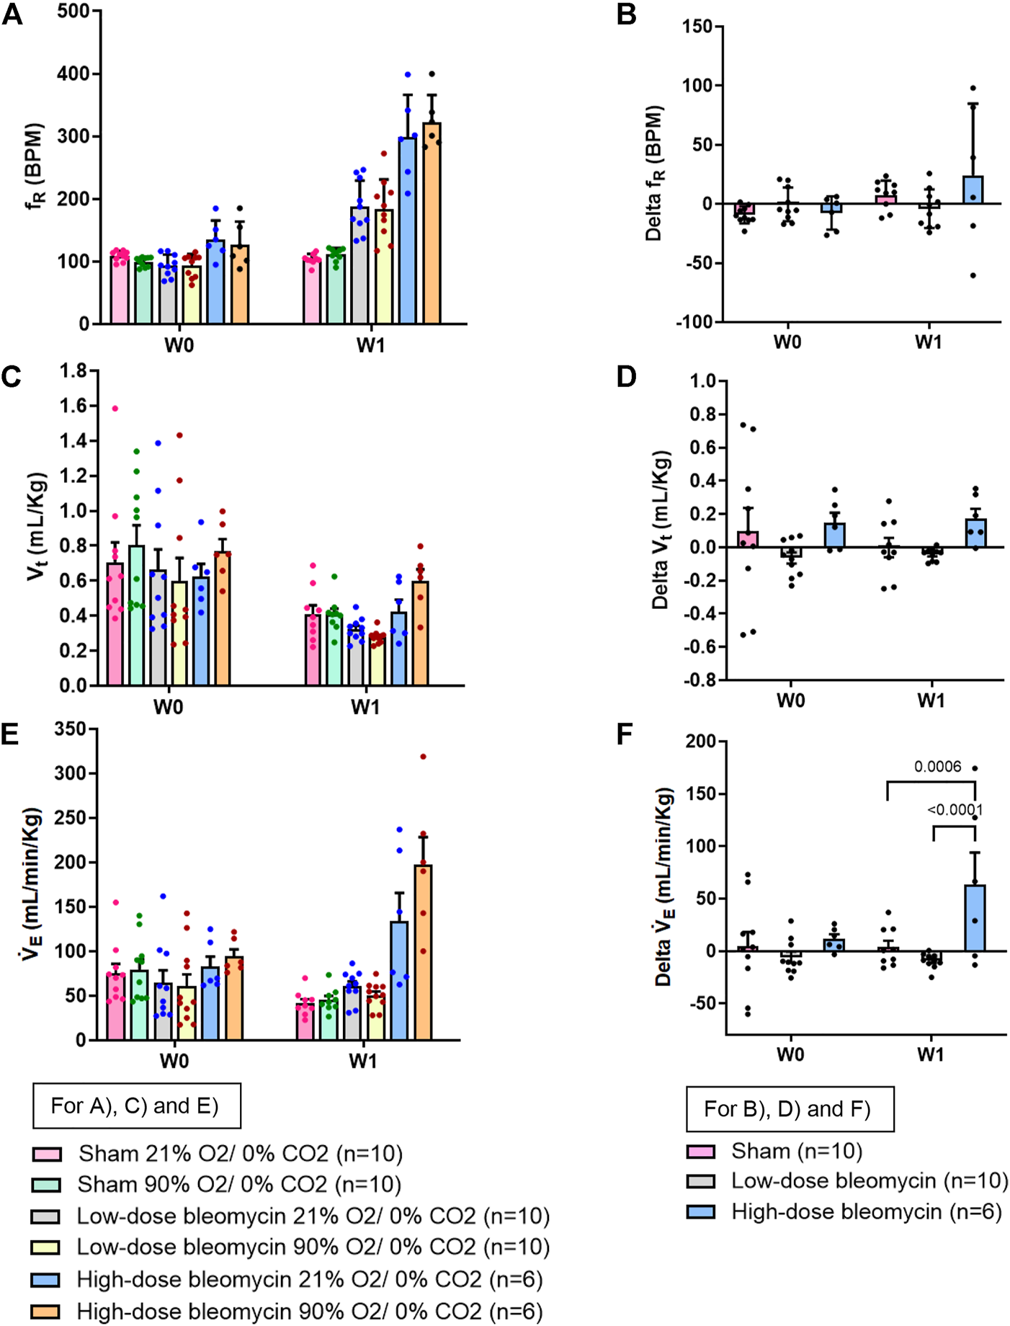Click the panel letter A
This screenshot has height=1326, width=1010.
click(x=12, y=14)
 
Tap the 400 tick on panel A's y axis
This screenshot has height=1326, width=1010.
click(x=74, y=74)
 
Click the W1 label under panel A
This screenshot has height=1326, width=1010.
click(x=370, y=345)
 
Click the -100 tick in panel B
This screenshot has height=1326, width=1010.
click(x=694, y=321)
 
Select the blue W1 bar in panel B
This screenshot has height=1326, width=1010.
click(x=973, y=190)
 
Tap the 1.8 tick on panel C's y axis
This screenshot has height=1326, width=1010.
click(x=73, y=371)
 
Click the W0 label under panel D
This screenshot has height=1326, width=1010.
click(x=790, y=700)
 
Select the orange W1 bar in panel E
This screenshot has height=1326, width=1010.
click(x=423, y=951)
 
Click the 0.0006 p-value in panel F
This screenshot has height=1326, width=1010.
click(x=938, y=767)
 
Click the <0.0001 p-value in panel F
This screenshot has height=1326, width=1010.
click(x=955, y=809)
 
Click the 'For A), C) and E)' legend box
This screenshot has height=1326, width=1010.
click(x=136, y=1106)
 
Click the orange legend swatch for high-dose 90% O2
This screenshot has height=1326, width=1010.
click(x=46, y=1311)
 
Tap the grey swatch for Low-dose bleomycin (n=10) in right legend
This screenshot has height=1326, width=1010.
click(x=700, y=1181)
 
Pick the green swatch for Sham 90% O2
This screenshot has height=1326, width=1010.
click(x=46, y=1185)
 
